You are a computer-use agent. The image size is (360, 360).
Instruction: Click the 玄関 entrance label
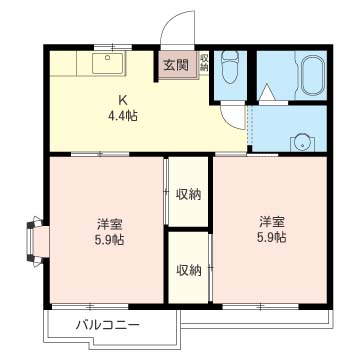177,68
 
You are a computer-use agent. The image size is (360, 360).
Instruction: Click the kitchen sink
106,64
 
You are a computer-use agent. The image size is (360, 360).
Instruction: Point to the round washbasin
299,141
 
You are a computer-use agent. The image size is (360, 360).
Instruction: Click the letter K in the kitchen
123,99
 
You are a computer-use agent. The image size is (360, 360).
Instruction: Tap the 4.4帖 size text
124,115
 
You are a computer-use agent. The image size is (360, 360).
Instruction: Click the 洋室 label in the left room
109,223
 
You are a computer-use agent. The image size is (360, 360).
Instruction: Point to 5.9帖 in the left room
109,240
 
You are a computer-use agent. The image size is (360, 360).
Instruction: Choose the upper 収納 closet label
188,194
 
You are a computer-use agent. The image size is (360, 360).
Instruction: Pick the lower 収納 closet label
188,270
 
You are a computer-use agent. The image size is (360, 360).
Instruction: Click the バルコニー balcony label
108,324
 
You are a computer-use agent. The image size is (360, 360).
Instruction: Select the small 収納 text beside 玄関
204,63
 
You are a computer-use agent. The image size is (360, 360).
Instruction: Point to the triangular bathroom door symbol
267,93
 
